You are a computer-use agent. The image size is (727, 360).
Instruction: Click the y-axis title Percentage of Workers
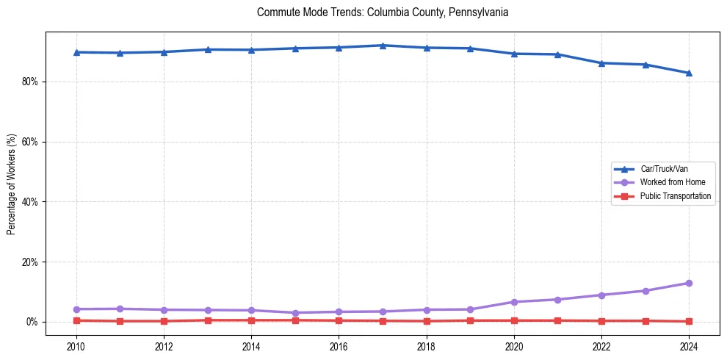tap(12, 184)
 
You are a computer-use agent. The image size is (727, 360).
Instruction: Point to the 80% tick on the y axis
tap(30, 82)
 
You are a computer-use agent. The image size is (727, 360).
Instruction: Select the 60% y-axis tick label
tap(30, 142)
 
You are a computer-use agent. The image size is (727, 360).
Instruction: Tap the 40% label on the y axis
tap(30, 202)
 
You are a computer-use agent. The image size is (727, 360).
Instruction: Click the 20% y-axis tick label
tap(30, 262)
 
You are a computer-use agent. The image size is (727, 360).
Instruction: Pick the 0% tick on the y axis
tap(32, 322)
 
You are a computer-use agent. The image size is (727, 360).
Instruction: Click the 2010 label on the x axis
tap(76, 346)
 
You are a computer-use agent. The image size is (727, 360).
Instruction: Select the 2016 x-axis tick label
tap(339, 346)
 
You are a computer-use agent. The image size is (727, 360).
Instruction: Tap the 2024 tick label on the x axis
tap(689, 346)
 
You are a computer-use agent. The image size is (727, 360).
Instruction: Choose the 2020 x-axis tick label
tap(514, 346)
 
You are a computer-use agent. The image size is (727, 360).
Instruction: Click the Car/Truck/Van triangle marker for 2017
tap(383, 46)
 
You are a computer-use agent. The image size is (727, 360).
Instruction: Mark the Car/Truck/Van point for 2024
tap(689, 73)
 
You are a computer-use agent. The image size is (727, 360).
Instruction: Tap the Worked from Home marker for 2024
tap(689, 283)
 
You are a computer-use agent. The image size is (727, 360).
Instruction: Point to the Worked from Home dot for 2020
tap(514, 302)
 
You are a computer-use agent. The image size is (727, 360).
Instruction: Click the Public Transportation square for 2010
tap(76, 320)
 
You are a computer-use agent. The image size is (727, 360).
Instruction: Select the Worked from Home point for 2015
tap(295, 313)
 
